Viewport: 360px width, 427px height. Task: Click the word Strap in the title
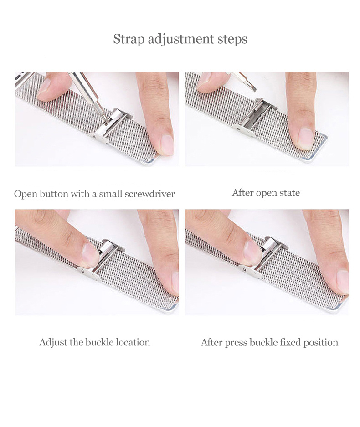(x=129, y=39)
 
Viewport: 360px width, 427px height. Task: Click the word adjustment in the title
(x=181, y=39)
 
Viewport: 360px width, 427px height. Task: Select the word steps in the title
(x=232, y=40)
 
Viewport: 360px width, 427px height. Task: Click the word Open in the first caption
(x=26, y=194)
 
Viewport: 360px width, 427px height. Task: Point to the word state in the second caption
(x=289, y=193)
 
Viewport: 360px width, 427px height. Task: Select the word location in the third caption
(x=133, y=342)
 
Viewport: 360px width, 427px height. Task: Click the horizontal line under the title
(x=181, y=57)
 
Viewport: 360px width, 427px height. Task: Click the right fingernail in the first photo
(x=167, y=144)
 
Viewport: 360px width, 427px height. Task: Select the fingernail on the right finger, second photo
(x=305, y=139)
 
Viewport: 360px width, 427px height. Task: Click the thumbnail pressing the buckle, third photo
(x=90, y=255)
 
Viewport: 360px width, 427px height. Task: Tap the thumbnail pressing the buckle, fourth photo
(x=252, y=253)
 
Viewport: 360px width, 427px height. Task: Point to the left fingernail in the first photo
(x=44, y=87)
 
